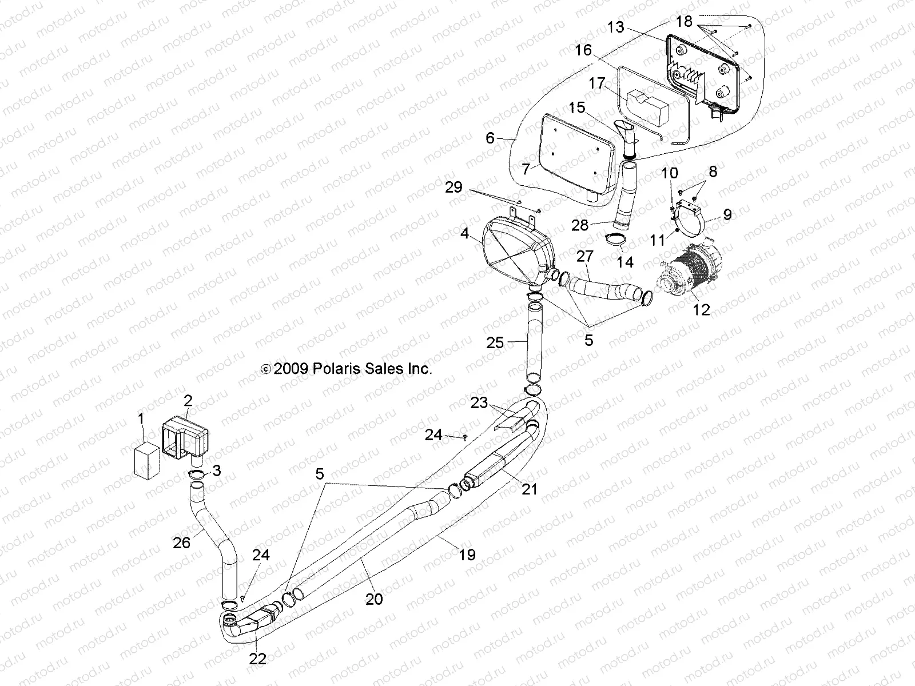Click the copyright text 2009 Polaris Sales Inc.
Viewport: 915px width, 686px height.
pyautogui.click(x=346, y=369)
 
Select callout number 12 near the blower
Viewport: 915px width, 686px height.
pyautogui.click(x=701, y=310)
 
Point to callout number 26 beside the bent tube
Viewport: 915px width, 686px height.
pyautogui.click(x=181, y=542)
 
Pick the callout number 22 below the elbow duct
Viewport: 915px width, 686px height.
pyautogui.click(x=258, y=659)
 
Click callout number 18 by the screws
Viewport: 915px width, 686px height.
pyautogui.click(x=684, y=22)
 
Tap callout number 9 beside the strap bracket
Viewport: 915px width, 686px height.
pyautogui.click(x=727, y=214)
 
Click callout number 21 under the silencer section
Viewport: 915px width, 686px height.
pyautogui.click(x=530, y=489)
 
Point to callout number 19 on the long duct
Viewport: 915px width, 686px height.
pyautogui.click(x=467, y=555)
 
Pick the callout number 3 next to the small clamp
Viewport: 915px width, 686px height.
pyautogui.click(x=216, y=470)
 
